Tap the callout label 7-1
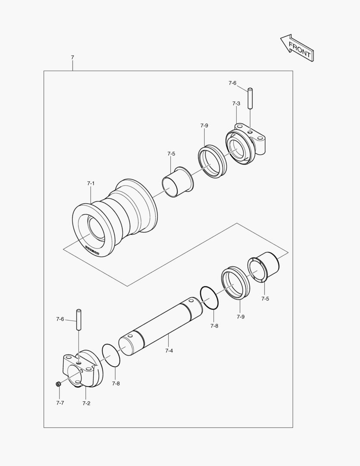pyautogui.click(x=91, y=183)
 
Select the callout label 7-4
pyautogui.click(x=169, y=351)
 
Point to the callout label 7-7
pyautogui.click(x=60, y=403)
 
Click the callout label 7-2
pyautogui.click(x=86, y=403)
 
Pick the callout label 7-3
pyautogui.click(x=236, y=104)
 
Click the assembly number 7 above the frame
pyautogui.click(x=72, y=57)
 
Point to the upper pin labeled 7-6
pyautogui.click(x=250, y=98)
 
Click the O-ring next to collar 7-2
pyautogui.click(x=111, y=355)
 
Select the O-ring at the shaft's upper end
pyautogui.click(x=210, y=298)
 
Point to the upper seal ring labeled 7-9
pyautogui.click(x=213, y=161)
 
